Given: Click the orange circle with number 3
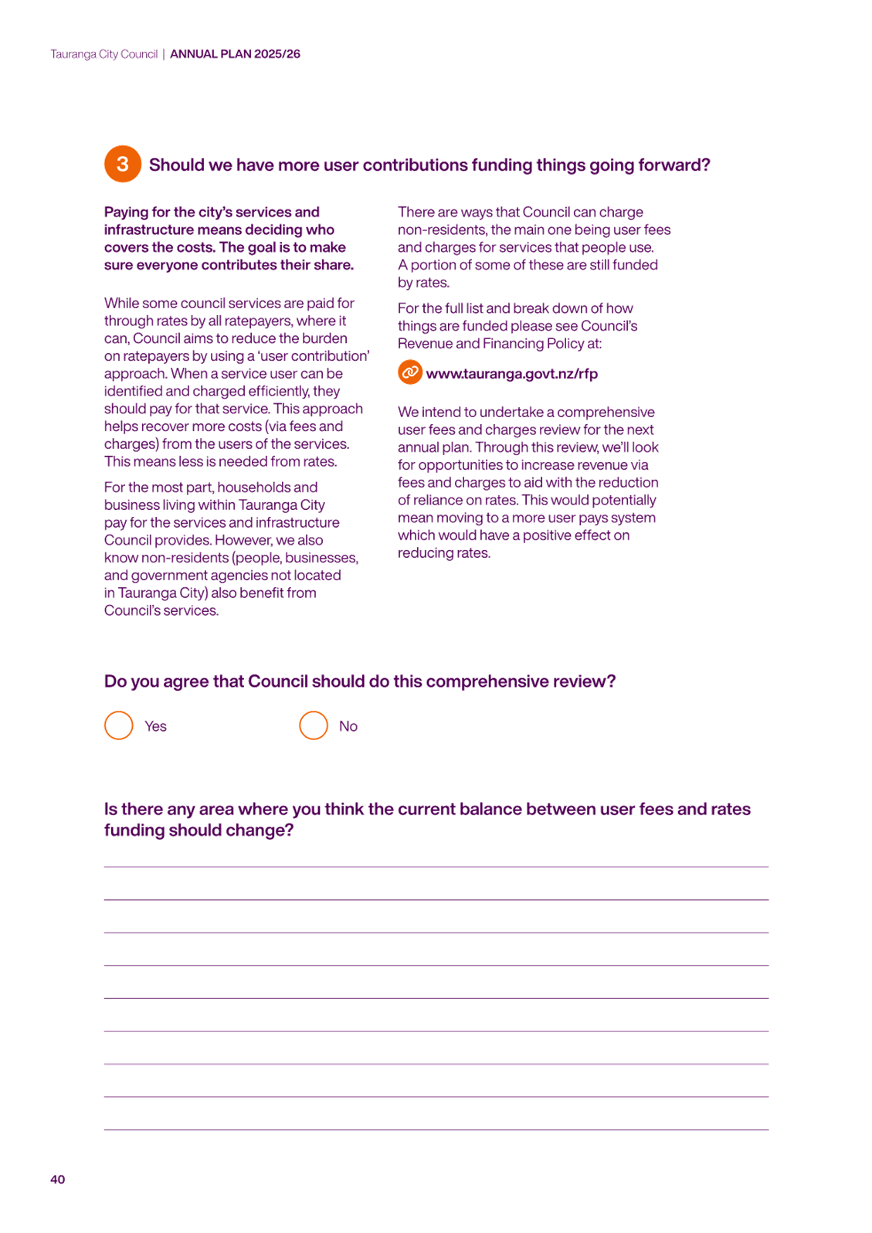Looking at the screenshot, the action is (x=123, y=164).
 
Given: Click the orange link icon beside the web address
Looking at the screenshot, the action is (x=410, y=372).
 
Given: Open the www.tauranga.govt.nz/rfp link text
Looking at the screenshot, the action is (x=511, y=374).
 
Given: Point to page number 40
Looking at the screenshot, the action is (x=58, y=1179).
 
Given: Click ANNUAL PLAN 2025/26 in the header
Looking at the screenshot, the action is (x=235, y=54).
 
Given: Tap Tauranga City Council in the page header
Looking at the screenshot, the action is (x=104, y=54).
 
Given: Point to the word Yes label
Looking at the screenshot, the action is (x=156, y=726).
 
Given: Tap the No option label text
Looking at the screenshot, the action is (x=348, y=726).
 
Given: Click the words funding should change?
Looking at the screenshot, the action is (x=199, y=830).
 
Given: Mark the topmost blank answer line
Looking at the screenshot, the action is (x=436, y=867).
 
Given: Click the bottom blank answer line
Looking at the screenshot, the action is (x=436, y=1130).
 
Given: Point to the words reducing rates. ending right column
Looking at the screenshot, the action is (x=444, y=552).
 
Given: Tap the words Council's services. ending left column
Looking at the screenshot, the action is (x=161, y=610).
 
